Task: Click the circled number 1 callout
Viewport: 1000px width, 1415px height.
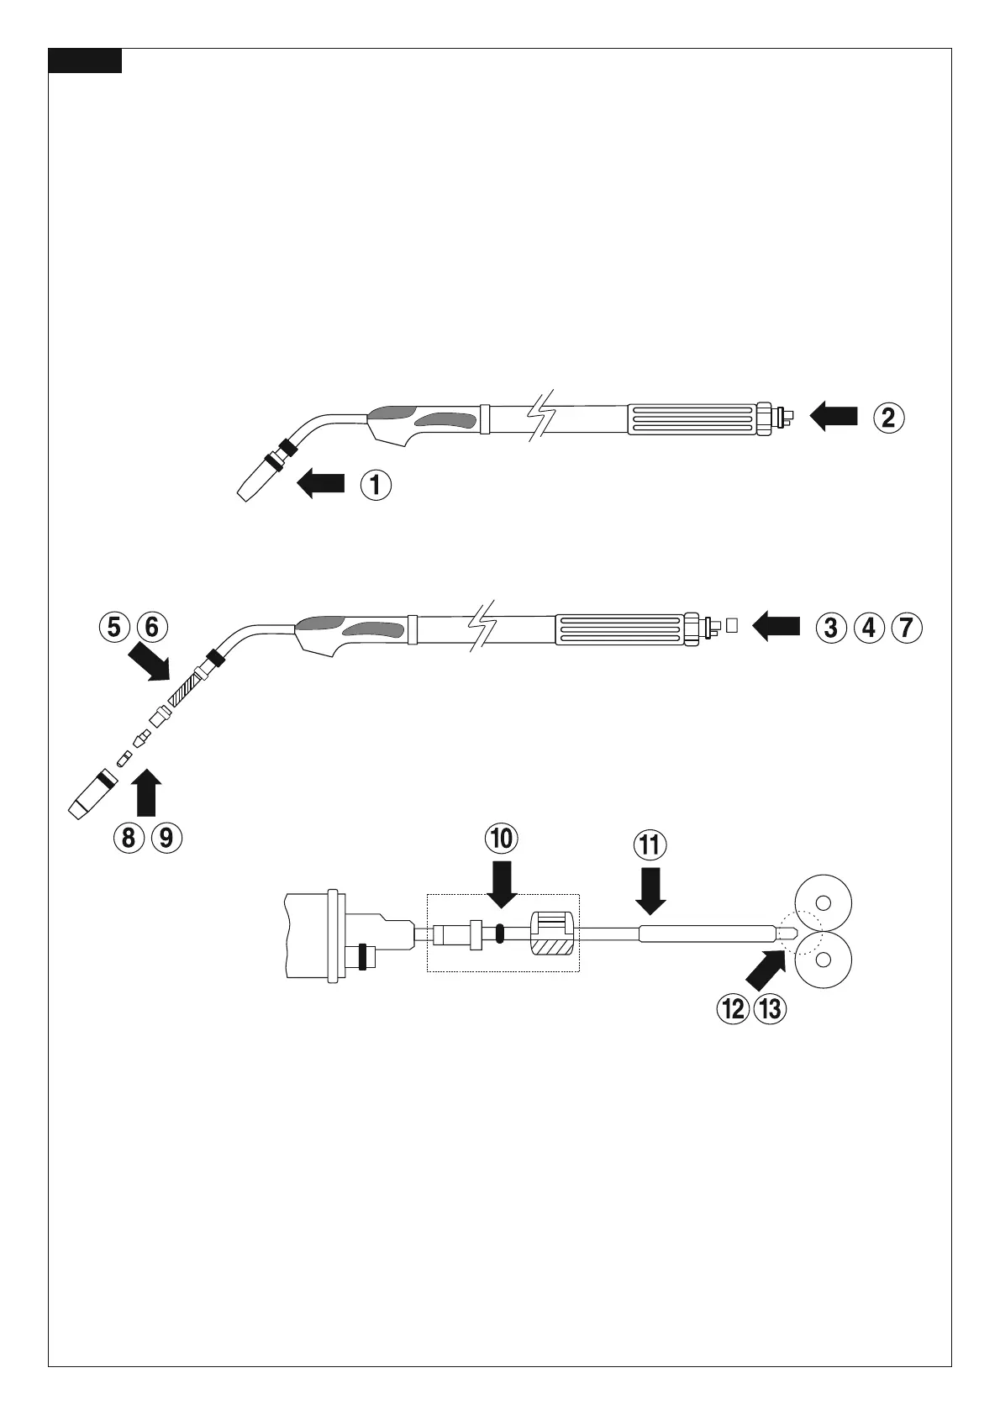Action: pyautogui.click(x=376, y=485)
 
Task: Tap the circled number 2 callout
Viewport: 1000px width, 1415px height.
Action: pyautogui.click(x=889, y=417)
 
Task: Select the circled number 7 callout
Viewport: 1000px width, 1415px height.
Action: pyautogui.click(x=907, y=627)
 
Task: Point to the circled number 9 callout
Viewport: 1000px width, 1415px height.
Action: pyautogui.click(x=167, y=837)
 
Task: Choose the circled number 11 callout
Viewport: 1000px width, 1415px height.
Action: pyautogui.click(x=651, y=844)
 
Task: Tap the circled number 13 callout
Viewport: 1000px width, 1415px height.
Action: pyautogui.click(x=769, y=1008)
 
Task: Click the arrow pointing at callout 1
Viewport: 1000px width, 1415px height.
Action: pyautogui.click(x=322, y=484)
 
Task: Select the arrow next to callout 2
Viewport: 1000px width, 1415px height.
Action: pyautogui.click(x=834, y=416)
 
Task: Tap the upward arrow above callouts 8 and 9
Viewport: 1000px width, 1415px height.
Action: pyautogui.click(x=146, y=793)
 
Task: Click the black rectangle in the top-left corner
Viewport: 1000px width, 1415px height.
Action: pyautogui.click(x=85, y=61)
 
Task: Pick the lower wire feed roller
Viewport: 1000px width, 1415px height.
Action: pyautogui.click(x=824, y=958)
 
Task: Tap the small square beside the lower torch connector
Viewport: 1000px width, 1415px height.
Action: pyautogui.click(x=732, y=625)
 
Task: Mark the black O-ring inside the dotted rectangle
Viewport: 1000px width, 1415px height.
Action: pyautogui.click(x=498, y=934)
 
